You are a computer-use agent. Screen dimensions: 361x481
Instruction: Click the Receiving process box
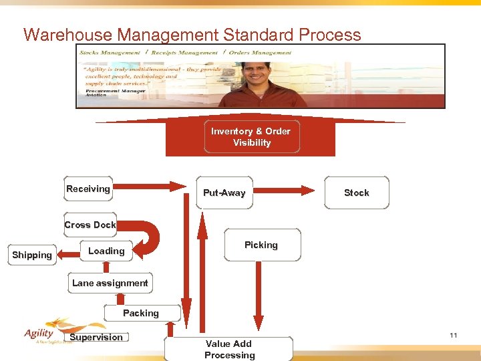point(88,189)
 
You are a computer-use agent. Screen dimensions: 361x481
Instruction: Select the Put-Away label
point(224,193)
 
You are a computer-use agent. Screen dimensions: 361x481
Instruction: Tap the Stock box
point(356,193)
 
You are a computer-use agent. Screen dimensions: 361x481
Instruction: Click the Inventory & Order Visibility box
point(251,137)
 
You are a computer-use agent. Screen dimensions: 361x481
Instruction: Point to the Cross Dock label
point(90,225)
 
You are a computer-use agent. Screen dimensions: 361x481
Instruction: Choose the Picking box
point(261,245)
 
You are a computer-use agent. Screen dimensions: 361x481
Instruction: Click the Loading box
point(106,251)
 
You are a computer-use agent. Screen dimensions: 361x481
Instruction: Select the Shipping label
point(31,255)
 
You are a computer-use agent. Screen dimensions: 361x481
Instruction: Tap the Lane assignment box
point(110,283)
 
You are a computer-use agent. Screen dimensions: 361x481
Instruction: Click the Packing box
point(141,313)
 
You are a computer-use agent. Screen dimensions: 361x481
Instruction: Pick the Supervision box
point(96,338)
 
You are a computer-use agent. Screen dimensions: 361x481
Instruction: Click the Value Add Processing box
point(229,349)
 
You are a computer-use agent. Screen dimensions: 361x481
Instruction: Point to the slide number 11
point(454,335)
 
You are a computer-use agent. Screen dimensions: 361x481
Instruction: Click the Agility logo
point(40,334)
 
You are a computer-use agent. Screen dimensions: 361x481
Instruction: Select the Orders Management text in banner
point(261,52)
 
